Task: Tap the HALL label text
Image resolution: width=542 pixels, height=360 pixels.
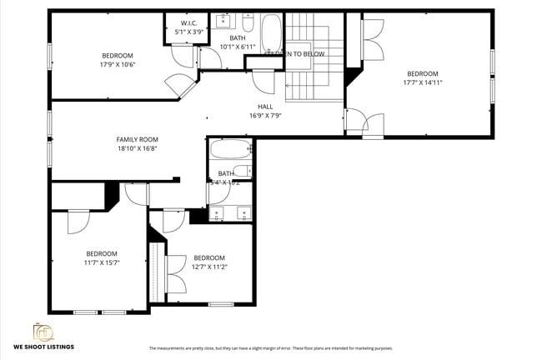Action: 265,107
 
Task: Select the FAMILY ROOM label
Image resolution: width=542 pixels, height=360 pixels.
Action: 137,139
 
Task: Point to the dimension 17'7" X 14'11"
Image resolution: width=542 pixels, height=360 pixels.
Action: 422,82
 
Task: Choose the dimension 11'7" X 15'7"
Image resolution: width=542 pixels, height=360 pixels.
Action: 102,262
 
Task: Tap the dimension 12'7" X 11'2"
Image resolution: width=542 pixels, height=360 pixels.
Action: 209,267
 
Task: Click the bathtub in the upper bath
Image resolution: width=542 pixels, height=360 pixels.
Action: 272,34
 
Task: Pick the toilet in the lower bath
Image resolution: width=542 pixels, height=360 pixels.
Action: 242,172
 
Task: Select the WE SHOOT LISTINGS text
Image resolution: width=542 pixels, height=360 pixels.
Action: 43,346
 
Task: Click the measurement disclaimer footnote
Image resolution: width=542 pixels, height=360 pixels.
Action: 270,348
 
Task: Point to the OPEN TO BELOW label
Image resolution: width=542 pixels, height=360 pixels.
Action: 295,53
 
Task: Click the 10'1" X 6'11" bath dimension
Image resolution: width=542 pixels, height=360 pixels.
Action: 237,47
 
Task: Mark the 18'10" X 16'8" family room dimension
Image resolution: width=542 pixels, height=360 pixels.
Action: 137,148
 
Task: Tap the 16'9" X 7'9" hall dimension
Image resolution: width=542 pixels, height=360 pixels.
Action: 265,116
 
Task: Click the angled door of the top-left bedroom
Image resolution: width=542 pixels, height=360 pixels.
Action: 178,84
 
